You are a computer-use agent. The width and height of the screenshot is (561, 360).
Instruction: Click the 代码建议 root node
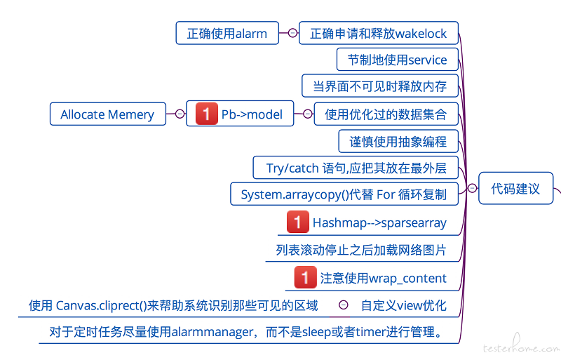click(x=515, y=188)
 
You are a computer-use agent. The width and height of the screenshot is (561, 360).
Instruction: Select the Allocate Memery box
click(x=108, y=114)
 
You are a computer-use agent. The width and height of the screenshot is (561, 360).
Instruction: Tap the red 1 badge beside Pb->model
click(x=206, y=114)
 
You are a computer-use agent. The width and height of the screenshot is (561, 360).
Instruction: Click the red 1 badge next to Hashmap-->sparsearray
click(x=297, y=222)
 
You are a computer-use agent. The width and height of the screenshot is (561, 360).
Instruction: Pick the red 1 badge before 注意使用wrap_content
click(x=305, y=277)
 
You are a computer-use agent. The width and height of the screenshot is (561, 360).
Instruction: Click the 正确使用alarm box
click(x=227, y=33)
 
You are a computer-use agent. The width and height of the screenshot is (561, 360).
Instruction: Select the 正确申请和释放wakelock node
click(x=379, y=33)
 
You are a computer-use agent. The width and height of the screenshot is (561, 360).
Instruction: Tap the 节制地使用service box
click(x=398, y=60)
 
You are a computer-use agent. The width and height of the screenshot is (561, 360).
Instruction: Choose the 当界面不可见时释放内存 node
click(x=380, y=86)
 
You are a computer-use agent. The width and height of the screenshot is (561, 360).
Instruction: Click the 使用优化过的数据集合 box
click(x=386, y=114)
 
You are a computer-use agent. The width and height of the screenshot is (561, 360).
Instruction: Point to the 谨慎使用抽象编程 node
click(x=398, y=141)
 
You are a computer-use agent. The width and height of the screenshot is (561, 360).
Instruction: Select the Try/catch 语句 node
click(x=356, y=168)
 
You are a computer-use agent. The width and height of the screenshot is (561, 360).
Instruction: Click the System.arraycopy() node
click(x=344, y=194)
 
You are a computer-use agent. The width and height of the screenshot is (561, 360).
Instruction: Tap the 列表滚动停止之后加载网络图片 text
click(x=361, y=250)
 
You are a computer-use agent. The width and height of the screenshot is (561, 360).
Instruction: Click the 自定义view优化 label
click(x=404, y=305)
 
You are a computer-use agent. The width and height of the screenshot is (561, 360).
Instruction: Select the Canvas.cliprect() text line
click(x=173, y=305)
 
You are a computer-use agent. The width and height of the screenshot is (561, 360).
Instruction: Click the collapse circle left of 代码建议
click(x=472, y=188)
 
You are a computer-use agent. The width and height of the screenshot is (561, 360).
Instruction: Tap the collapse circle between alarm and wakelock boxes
click(x=292, y=33)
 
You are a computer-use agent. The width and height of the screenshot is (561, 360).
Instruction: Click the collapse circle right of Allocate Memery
click(x=180, y=114)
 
